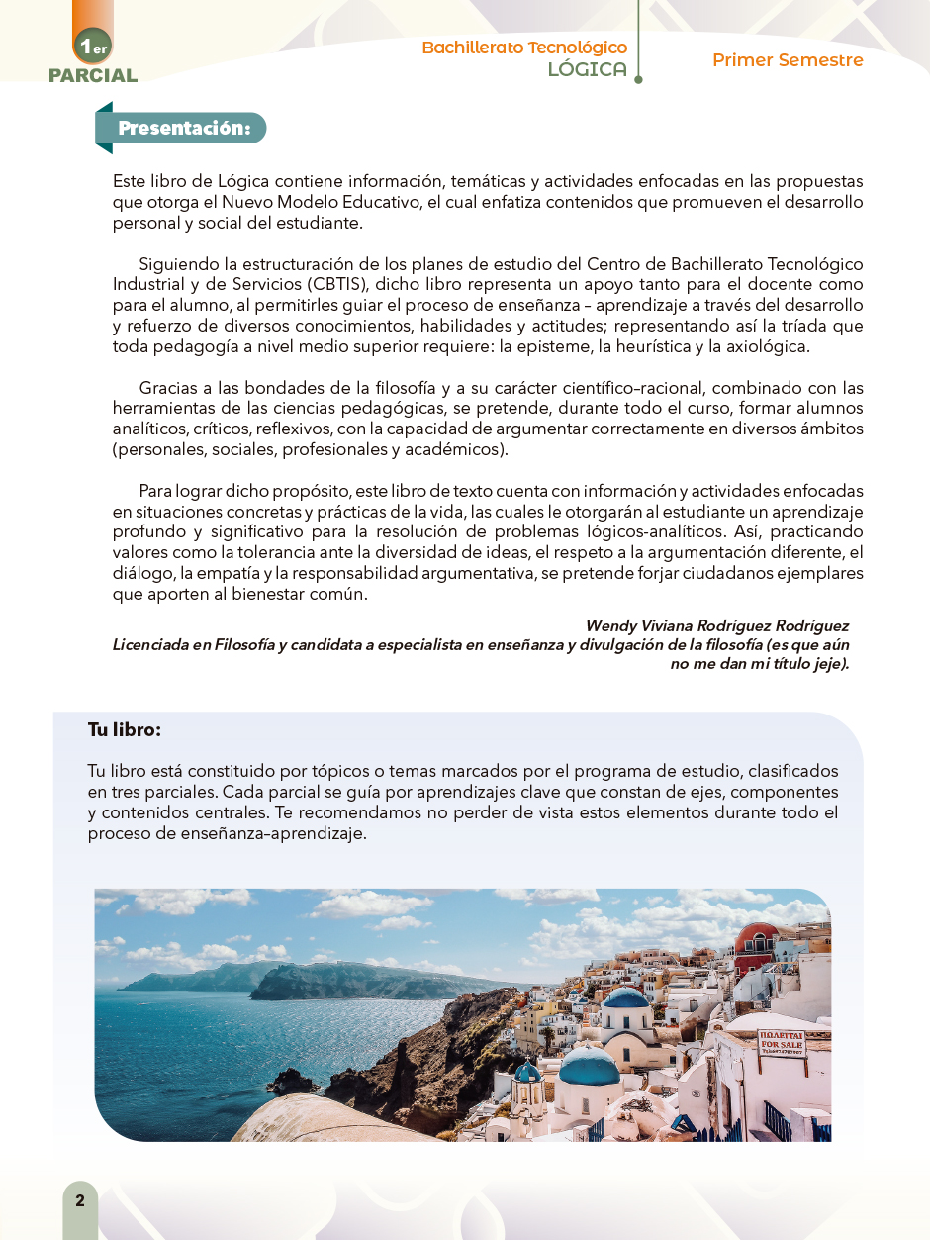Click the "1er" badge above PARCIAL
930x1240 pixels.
[93, 46]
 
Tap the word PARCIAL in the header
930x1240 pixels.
[93, 75]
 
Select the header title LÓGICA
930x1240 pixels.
[588, 69]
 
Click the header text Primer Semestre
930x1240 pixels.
[788, 60]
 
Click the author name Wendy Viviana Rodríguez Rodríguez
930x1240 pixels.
[716, 626]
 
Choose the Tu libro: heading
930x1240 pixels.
[124, 730]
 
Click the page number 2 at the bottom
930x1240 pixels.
[80, 1201]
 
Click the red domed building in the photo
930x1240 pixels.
[757, 935]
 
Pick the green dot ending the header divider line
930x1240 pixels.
[638, 79]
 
